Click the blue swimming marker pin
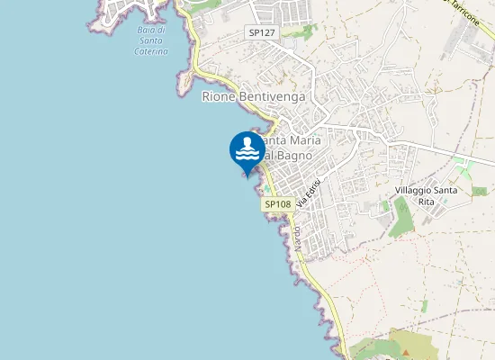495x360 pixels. tap(247, 151)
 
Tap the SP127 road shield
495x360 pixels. tap(262, 32)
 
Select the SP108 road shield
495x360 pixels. tap(278, 204)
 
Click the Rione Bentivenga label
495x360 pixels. tap(254, 96)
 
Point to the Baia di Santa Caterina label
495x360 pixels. tap(149, 41)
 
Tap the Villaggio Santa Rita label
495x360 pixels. tap(427, 197)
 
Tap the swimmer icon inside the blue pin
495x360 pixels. tap(247, 148)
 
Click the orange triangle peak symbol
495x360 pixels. tap(405, 349)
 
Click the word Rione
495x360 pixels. tap(218, 96)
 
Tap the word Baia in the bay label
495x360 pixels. tap(144, 31)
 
